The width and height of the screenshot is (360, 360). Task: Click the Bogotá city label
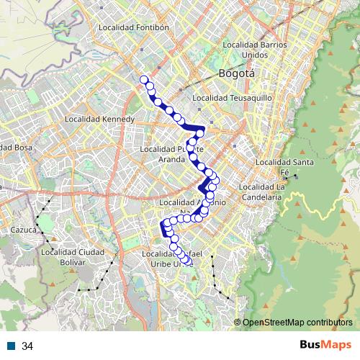tap(237, 74)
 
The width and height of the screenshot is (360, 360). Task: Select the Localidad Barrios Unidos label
tap(255, 50)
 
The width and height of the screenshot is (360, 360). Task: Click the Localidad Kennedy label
tap(99, 119)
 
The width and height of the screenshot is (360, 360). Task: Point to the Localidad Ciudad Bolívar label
tap(73, 257)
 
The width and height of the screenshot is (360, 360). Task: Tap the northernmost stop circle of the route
tap(143, 80)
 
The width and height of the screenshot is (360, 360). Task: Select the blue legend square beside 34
tap(12, 346)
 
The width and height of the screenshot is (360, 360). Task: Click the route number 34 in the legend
tap(27, 346)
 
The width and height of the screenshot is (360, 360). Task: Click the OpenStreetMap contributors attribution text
tap(297, 323)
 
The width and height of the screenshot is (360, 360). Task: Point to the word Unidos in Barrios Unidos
tap(255, 55)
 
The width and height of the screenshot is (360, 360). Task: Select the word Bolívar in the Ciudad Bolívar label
tap(73, 262)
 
